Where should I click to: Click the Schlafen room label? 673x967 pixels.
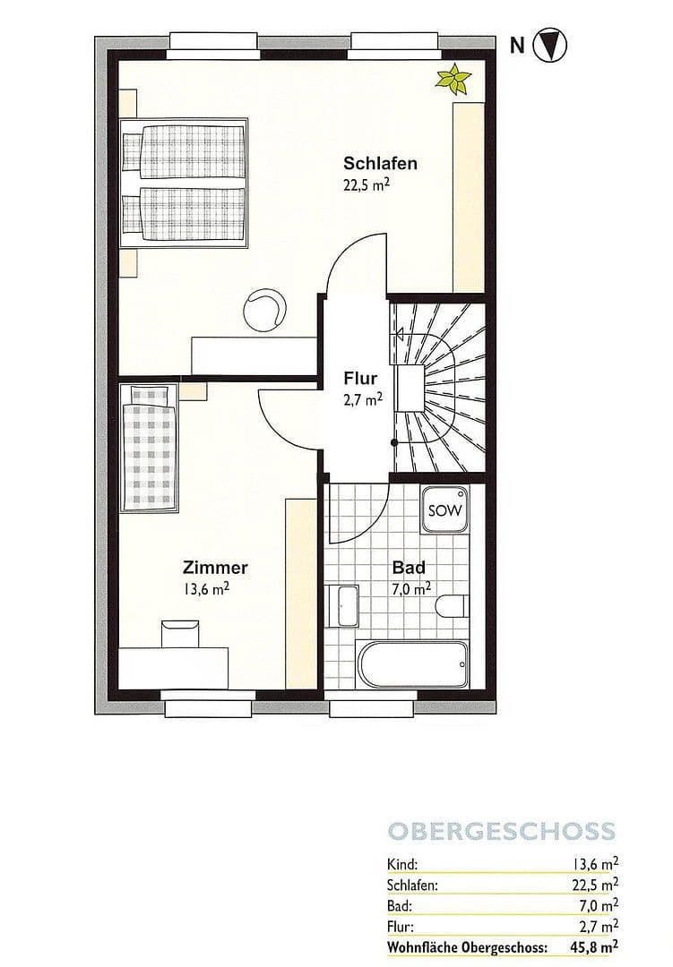(380, 163)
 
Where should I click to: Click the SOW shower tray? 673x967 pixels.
(444, 511)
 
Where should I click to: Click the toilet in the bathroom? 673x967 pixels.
(453, 608)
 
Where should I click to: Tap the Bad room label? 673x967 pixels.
(409, 568)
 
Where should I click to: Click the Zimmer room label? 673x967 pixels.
(215, 568)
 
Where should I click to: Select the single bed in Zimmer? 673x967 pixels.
(151, 449)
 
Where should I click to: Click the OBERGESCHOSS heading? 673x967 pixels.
(501, 830)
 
